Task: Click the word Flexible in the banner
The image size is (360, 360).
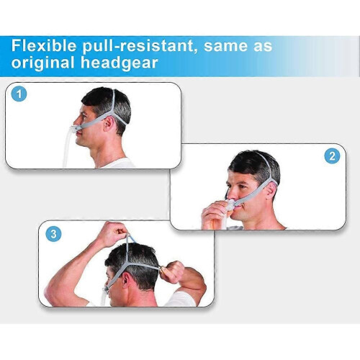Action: click(x=44, y=45)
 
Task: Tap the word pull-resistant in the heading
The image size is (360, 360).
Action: click(x=138, y=47)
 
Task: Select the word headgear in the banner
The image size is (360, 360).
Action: click(x=119, y=63)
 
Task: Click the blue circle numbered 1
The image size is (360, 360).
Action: click(x=19, y=94)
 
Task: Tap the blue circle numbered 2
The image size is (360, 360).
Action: click(x=332, y=156)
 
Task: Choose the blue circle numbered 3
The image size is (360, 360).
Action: click(x=53, y=234)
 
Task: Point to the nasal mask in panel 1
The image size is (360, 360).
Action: click(x=73, y=130)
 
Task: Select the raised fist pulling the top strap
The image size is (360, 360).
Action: click(x=113, y=233)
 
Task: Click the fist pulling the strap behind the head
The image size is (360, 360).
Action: click(x=175, y=271)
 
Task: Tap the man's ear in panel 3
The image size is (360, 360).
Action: click(x=126, y=280)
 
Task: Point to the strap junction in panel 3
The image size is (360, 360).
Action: click(x=127, y=264)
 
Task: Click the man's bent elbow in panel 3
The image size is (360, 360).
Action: click(x=52, y=292)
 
